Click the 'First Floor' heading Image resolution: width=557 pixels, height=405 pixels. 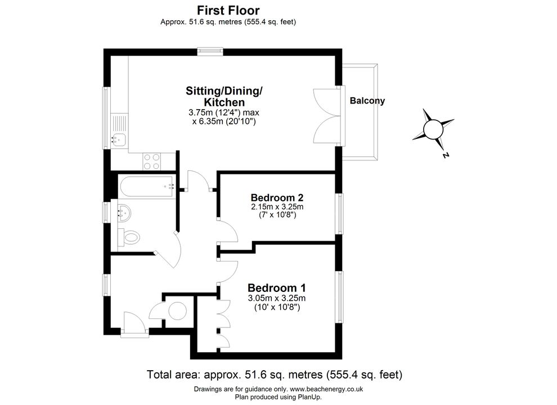click(x=228, y=10)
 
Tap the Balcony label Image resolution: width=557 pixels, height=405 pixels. click(x=367, y=101)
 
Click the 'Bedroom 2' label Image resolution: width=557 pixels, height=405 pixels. click(x=277, y=197)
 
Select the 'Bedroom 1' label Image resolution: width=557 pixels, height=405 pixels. click(x=277, y=288)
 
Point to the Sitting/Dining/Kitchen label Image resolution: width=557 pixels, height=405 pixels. click(x=224, y=96)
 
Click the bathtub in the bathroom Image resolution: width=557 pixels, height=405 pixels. click(x=147, y=186)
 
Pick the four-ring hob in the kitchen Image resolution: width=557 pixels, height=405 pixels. click(x=152, y=161)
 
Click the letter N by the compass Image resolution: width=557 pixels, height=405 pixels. click(x=446, y=155)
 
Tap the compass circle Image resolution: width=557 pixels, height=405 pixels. click(x=433, y=129)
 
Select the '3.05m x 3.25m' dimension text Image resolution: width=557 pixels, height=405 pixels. click(x=277, y=298)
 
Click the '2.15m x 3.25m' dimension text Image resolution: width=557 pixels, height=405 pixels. click(x=277, y=207)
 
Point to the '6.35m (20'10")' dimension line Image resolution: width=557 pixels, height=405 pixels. click(x=224, y=121)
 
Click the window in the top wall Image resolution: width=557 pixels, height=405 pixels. click(x=210, y=52)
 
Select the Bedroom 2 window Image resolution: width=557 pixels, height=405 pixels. click(x=340, y=214)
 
